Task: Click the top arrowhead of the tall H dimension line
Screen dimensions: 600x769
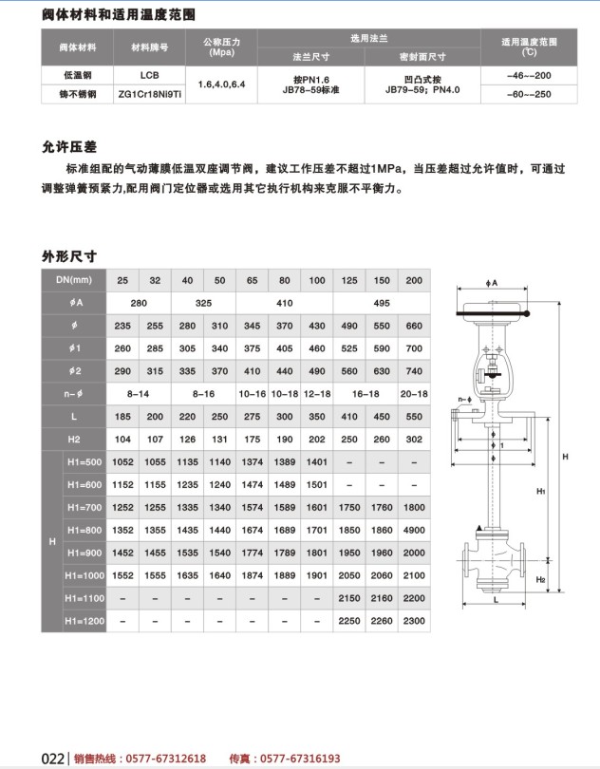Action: click(559, 305)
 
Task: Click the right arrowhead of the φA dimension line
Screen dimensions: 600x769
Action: click(525, 290)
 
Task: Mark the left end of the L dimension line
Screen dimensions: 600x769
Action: click(463, 604)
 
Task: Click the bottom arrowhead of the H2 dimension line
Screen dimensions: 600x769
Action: click(549, 590)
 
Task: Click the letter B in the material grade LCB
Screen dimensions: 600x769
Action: click(156, 76)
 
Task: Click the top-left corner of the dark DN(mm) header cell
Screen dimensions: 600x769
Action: click(42, 269)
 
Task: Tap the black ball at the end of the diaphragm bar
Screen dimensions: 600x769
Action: click(526, 314)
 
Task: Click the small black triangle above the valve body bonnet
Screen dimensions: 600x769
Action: click(479, 528)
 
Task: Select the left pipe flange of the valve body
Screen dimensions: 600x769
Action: click(467, 560)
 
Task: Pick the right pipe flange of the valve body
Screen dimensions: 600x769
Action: click(522, 560)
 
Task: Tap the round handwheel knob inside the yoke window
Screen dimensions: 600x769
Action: click(493, 374)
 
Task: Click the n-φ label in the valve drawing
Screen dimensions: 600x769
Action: click(464, 399)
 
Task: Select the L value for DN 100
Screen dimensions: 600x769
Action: click(317, 417)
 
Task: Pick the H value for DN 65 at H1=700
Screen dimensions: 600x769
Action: click(253, 508)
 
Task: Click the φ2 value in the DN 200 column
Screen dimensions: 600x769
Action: click(414, 371)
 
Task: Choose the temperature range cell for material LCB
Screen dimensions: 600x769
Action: click(529, 76)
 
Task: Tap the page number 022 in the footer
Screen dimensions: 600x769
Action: click(52, 759)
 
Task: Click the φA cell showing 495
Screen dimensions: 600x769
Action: click(382, 303)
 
